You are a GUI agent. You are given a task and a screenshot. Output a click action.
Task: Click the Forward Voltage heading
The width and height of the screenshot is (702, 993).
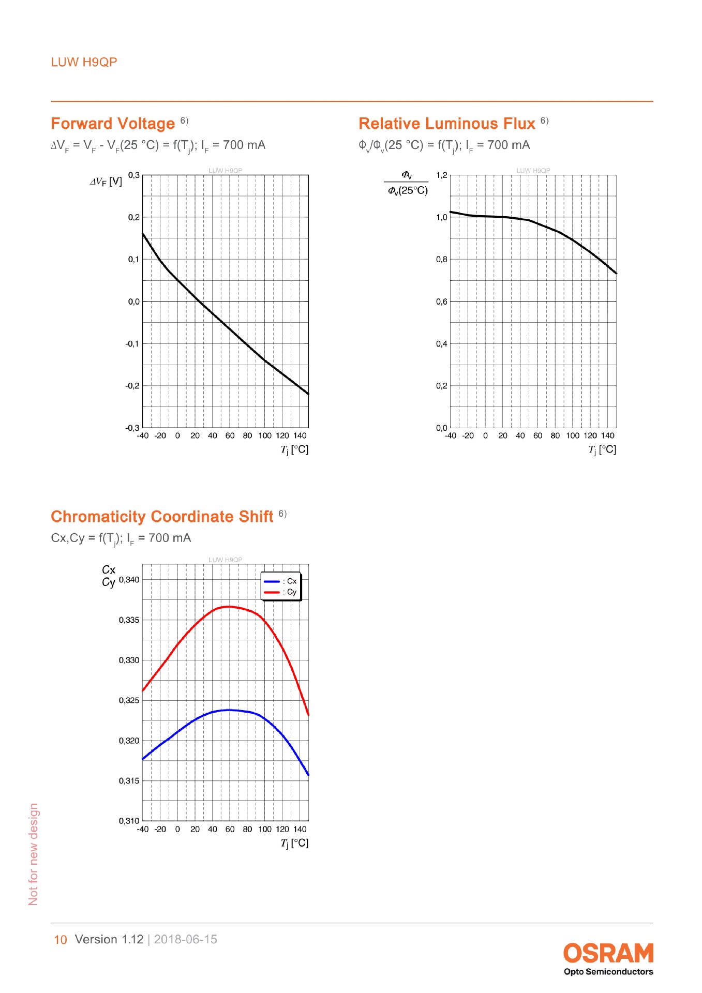(113, 124)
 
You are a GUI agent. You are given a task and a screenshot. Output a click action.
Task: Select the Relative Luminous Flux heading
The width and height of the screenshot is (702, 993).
(447, 124)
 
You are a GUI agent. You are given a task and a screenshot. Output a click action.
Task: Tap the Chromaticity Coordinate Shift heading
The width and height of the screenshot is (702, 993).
(162, 517)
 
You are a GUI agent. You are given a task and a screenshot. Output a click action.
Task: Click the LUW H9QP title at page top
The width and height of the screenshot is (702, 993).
(84, 62)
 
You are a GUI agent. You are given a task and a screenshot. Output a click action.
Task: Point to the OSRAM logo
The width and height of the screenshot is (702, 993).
(608, 953)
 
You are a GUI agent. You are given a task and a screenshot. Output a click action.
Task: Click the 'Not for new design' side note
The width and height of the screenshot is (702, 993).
(34, 854)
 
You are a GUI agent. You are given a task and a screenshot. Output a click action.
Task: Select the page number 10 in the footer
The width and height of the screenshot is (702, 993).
(61, 940)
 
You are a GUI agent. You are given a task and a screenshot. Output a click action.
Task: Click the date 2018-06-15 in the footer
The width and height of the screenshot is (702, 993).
(186, 939)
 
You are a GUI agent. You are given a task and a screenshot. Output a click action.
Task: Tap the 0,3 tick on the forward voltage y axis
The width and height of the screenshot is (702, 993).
(134, 175)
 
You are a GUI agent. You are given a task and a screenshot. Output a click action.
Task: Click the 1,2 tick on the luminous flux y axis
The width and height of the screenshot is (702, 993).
(442, 175)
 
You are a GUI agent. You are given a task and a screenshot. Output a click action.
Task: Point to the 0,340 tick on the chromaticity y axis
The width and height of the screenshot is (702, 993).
(129, 580)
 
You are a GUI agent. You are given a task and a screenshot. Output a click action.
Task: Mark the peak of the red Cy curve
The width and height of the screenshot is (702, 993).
(229, 607)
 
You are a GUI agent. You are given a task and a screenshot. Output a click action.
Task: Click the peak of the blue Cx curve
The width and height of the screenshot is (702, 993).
(229, 710)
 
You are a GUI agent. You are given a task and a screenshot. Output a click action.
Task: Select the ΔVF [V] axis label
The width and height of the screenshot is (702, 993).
(106, 182)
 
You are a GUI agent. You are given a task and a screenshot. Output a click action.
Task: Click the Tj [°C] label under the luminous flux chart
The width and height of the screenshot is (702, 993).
(602, 449)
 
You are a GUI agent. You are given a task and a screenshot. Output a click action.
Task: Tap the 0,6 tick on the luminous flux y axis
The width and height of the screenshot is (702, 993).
(442, 302)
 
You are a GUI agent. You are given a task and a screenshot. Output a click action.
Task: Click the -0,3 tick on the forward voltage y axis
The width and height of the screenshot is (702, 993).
(132, 428)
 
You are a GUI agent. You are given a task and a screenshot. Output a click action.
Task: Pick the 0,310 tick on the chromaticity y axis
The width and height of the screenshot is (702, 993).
(129, 821)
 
